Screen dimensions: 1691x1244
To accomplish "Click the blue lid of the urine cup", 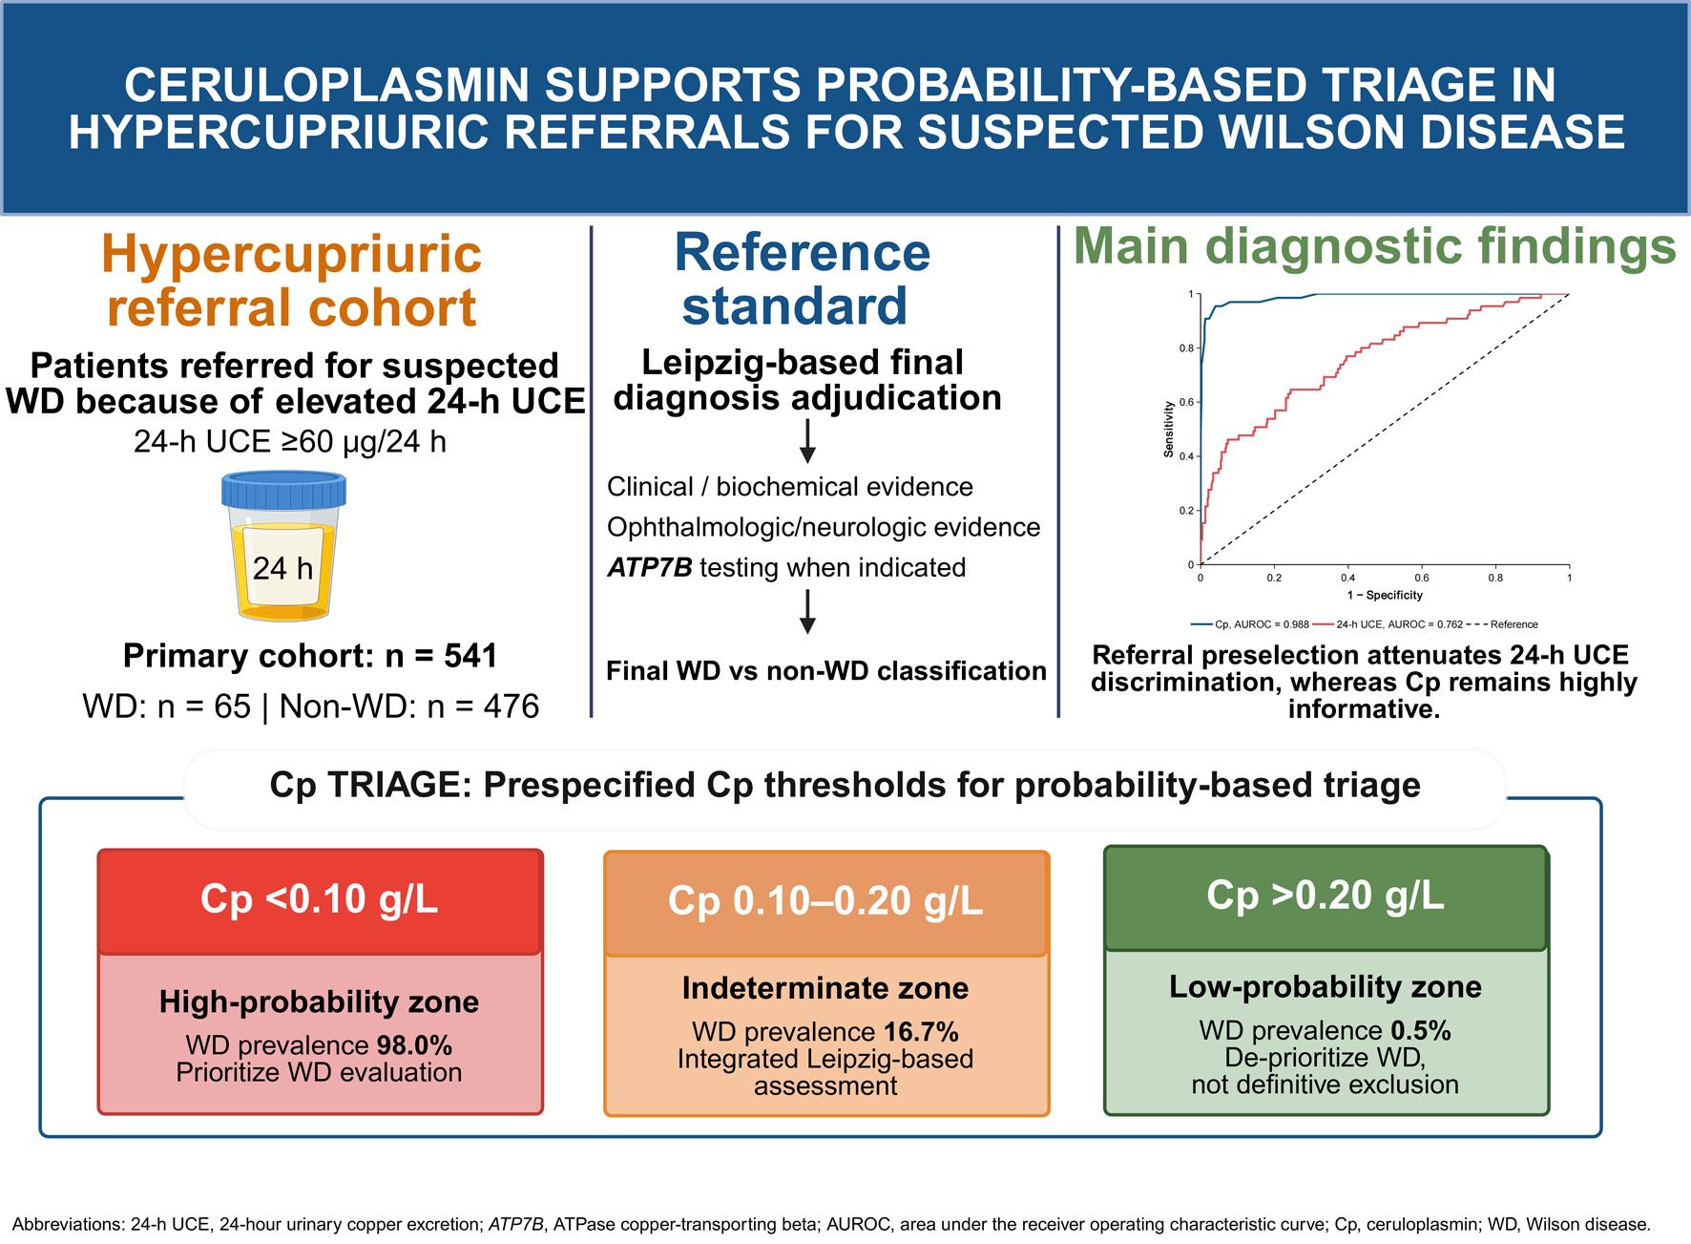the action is click(283, 491).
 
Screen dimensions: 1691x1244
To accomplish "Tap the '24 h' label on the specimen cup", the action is click(282, 568).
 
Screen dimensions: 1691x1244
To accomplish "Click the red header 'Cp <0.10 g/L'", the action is click(320, 899).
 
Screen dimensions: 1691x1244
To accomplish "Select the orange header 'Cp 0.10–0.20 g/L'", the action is click(825, 902).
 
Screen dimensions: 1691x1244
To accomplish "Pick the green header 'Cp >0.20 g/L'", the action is click(1326, 896).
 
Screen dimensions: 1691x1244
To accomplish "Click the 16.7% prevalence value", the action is click(921, 1032).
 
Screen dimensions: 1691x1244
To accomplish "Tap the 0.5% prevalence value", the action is click(1421, 1031).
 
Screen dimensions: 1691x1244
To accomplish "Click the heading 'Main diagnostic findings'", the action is click(1375, 246).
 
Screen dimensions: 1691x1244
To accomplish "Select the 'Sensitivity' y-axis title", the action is click(1168, 429).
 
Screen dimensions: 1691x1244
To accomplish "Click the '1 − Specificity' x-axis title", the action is click(1385, 595).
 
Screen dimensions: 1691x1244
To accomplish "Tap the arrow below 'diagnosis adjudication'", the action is click(807, 441).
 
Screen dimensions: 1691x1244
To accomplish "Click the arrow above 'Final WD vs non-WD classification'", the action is click(807, 612).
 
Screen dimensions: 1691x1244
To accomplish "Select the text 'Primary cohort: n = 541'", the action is click(310, 656).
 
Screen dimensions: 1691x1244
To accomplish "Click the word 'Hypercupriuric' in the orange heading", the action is click(291, 254).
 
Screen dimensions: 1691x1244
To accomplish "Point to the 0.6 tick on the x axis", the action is click(1422, 578).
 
